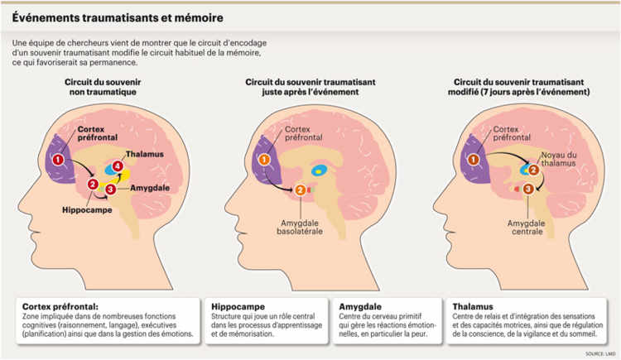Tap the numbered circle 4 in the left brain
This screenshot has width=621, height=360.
click(118, 167)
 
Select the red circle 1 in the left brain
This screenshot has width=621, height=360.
click(58, 158)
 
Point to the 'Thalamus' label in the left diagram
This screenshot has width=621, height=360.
click(142, 154)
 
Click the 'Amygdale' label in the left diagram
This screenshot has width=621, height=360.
click(149, 189)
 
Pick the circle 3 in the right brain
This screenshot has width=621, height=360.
click(529, 190)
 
